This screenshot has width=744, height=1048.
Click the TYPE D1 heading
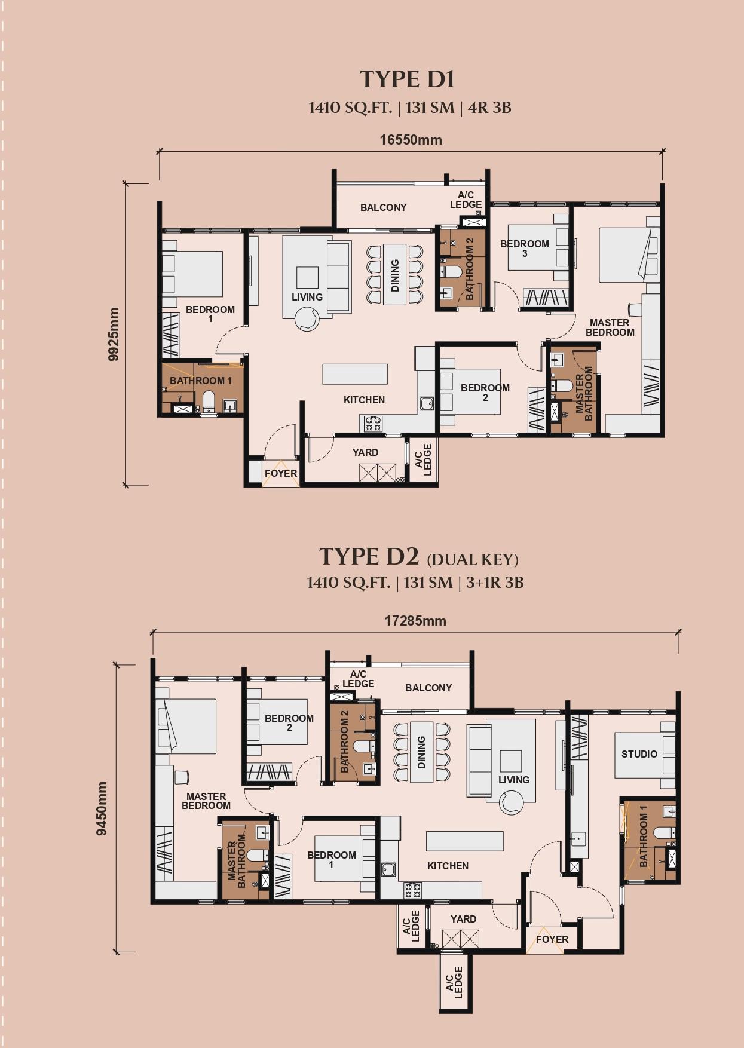407,79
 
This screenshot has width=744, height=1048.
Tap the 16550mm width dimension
411,140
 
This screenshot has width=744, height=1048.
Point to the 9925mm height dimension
114,334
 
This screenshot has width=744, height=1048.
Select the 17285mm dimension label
415,621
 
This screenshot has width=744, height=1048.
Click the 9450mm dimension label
102,808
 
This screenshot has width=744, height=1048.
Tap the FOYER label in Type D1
280,473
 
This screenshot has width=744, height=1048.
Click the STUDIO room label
639,754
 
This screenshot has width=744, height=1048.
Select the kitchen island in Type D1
355,374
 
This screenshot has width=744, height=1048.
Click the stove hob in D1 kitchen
373,424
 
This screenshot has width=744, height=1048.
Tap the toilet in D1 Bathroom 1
209,401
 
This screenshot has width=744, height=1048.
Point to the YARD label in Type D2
463,919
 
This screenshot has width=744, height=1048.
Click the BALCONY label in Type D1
383,207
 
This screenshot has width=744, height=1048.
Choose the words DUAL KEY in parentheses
473,560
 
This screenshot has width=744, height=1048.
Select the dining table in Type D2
421,752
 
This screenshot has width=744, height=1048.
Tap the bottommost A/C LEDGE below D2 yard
455,982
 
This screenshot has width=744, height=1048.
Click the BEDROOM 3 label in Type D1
524,248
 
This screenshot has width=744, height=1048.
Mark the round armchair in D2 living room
511,802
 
